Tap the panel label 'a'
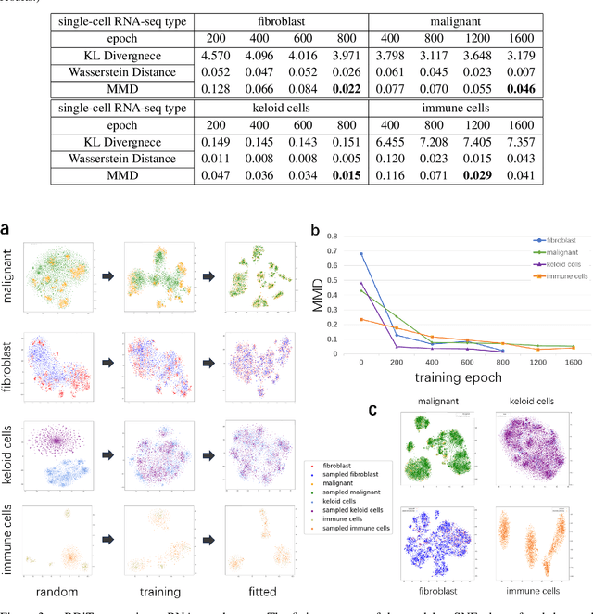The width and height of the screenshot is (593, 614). tap(7, 227)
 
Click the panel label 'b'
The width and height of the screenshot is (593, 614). tap(316, 228)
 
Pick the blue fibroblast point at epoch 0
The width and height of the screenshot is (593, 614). tap(360, 254)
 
